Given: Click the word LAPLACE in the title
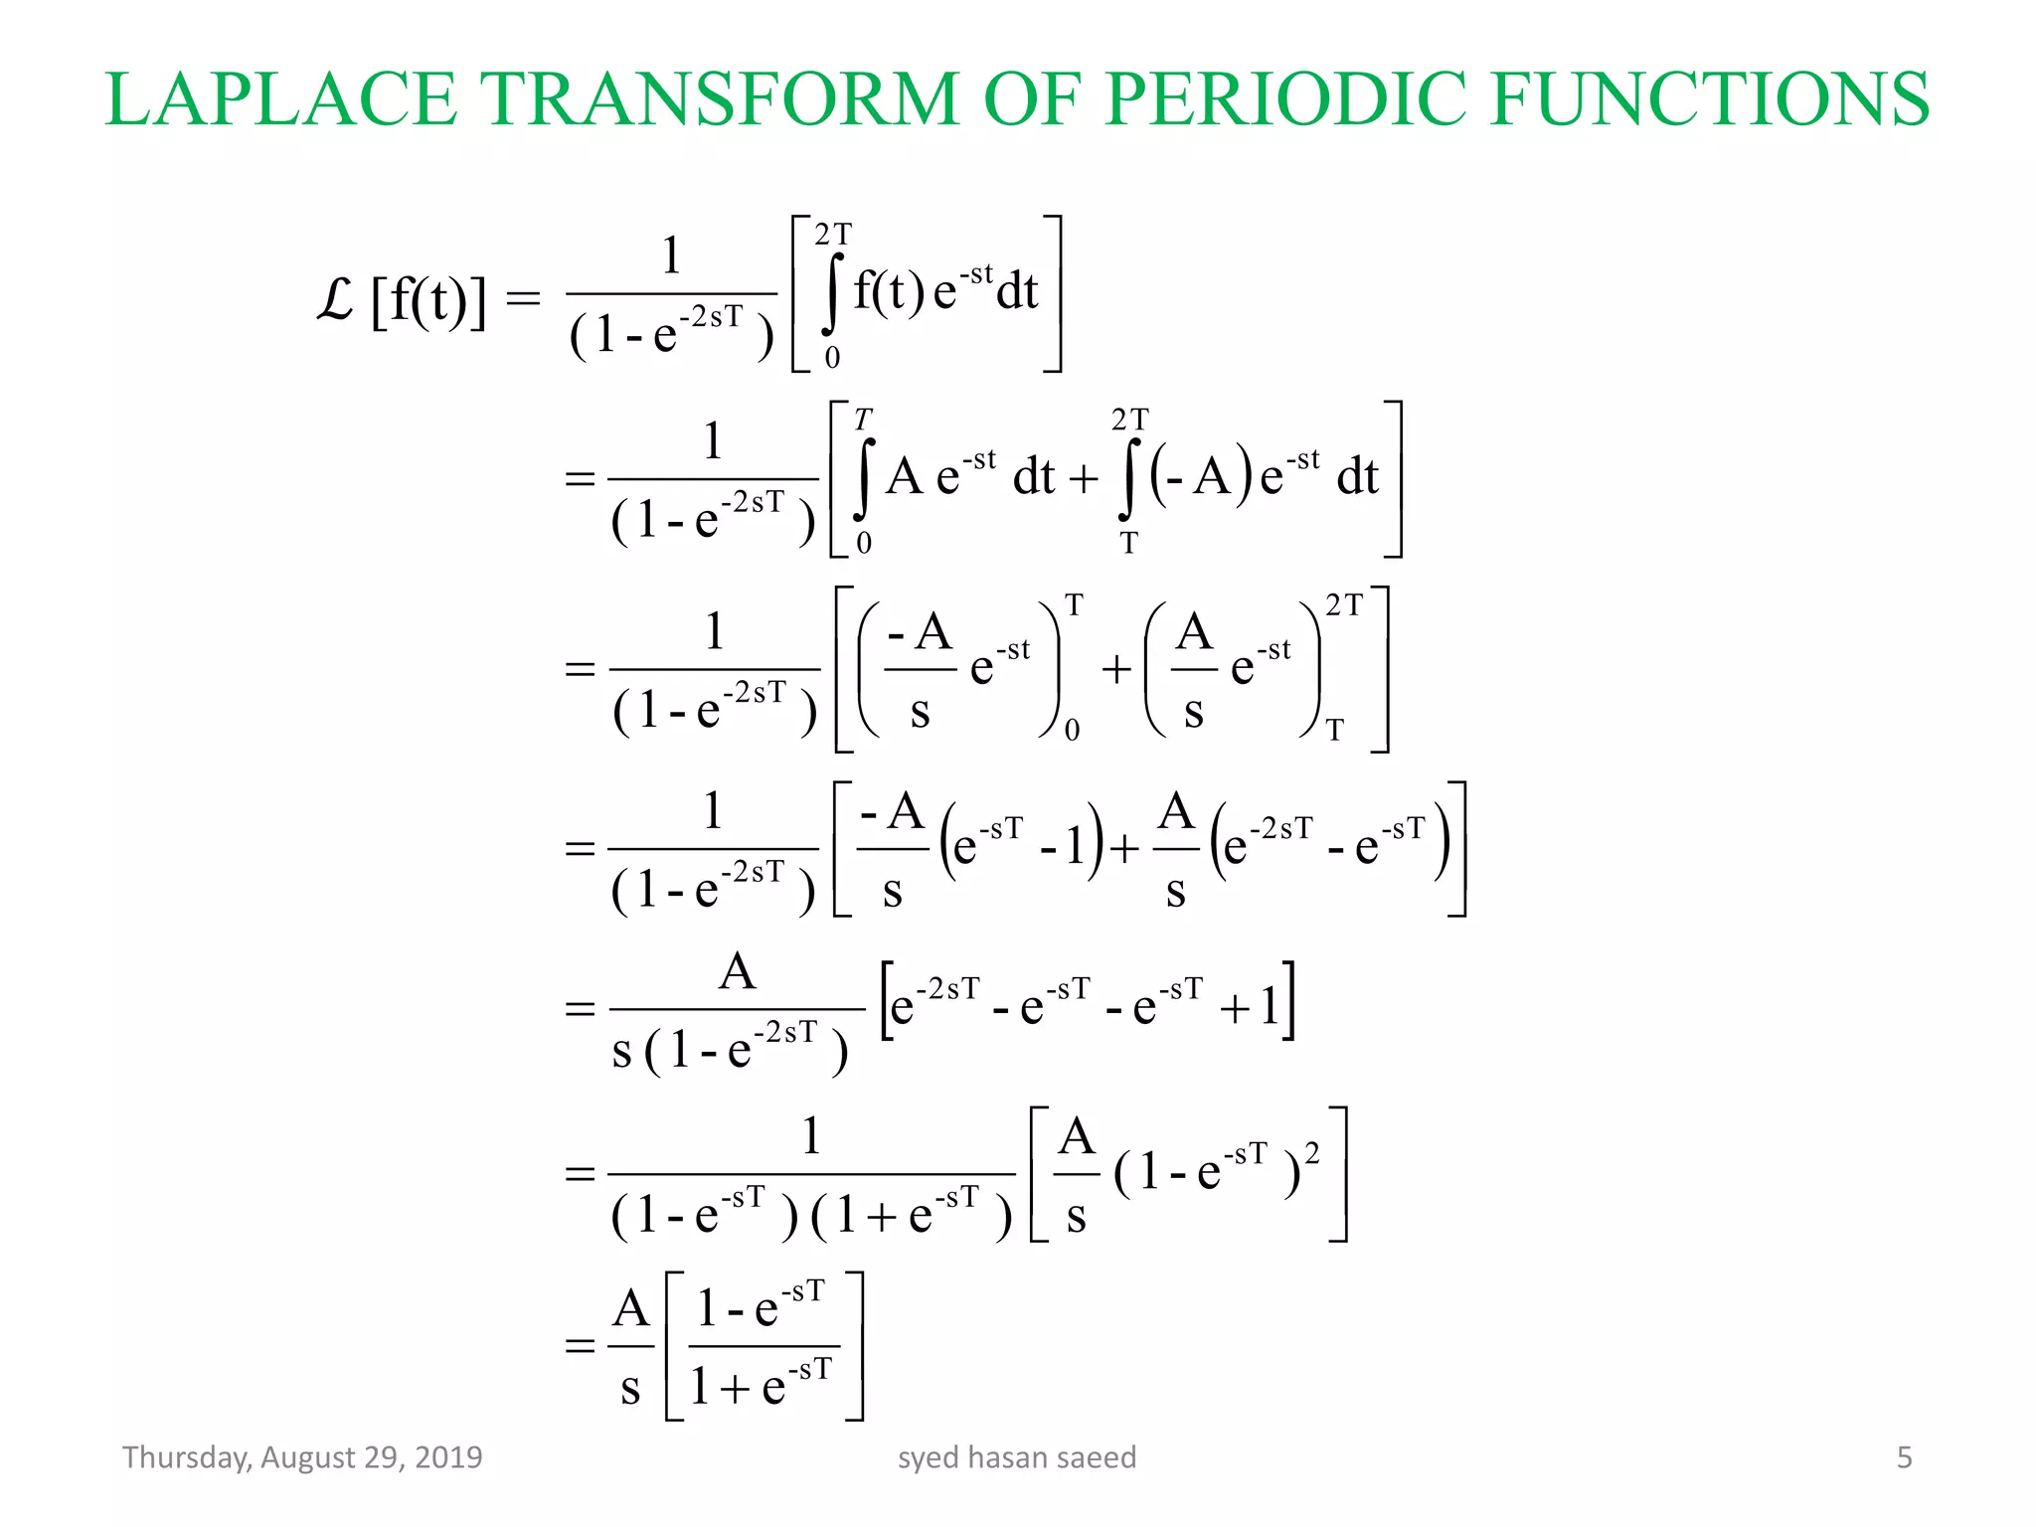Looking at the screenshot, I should [280, 99].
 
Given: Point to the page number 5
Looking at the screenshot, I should [1904, 1457].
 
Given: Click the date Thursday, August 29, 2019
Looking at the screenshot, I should [302, 1457].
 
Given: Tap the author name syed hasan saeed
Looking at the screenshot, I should [1016, 1457].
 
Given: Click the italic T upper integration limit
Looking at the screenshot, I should [863, 419].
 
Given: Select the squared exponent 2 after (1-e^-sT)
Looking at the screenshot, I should [1312, 1153].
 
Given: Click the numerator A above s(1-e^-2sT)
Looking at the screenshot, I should [737, 971].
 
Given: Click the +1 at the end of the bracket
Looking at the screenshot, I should [1251, 1008].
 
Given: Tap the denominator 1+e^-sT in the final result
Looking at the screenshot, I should [761, 1384].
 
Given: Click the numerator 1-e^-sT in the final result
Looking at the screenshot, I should [761, 1306].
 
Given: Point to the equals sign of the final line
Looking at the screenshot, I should [580, 1346].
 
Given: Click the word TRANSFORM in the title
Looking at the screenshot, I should [720, 99].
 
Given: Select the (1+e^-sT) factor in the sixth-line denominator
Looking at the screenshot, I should [912, 1215].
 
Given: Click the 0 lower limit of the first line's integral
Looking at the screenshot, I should [832, 358].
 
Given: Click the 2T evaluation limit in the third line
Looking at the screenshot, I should [1344, 604].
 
